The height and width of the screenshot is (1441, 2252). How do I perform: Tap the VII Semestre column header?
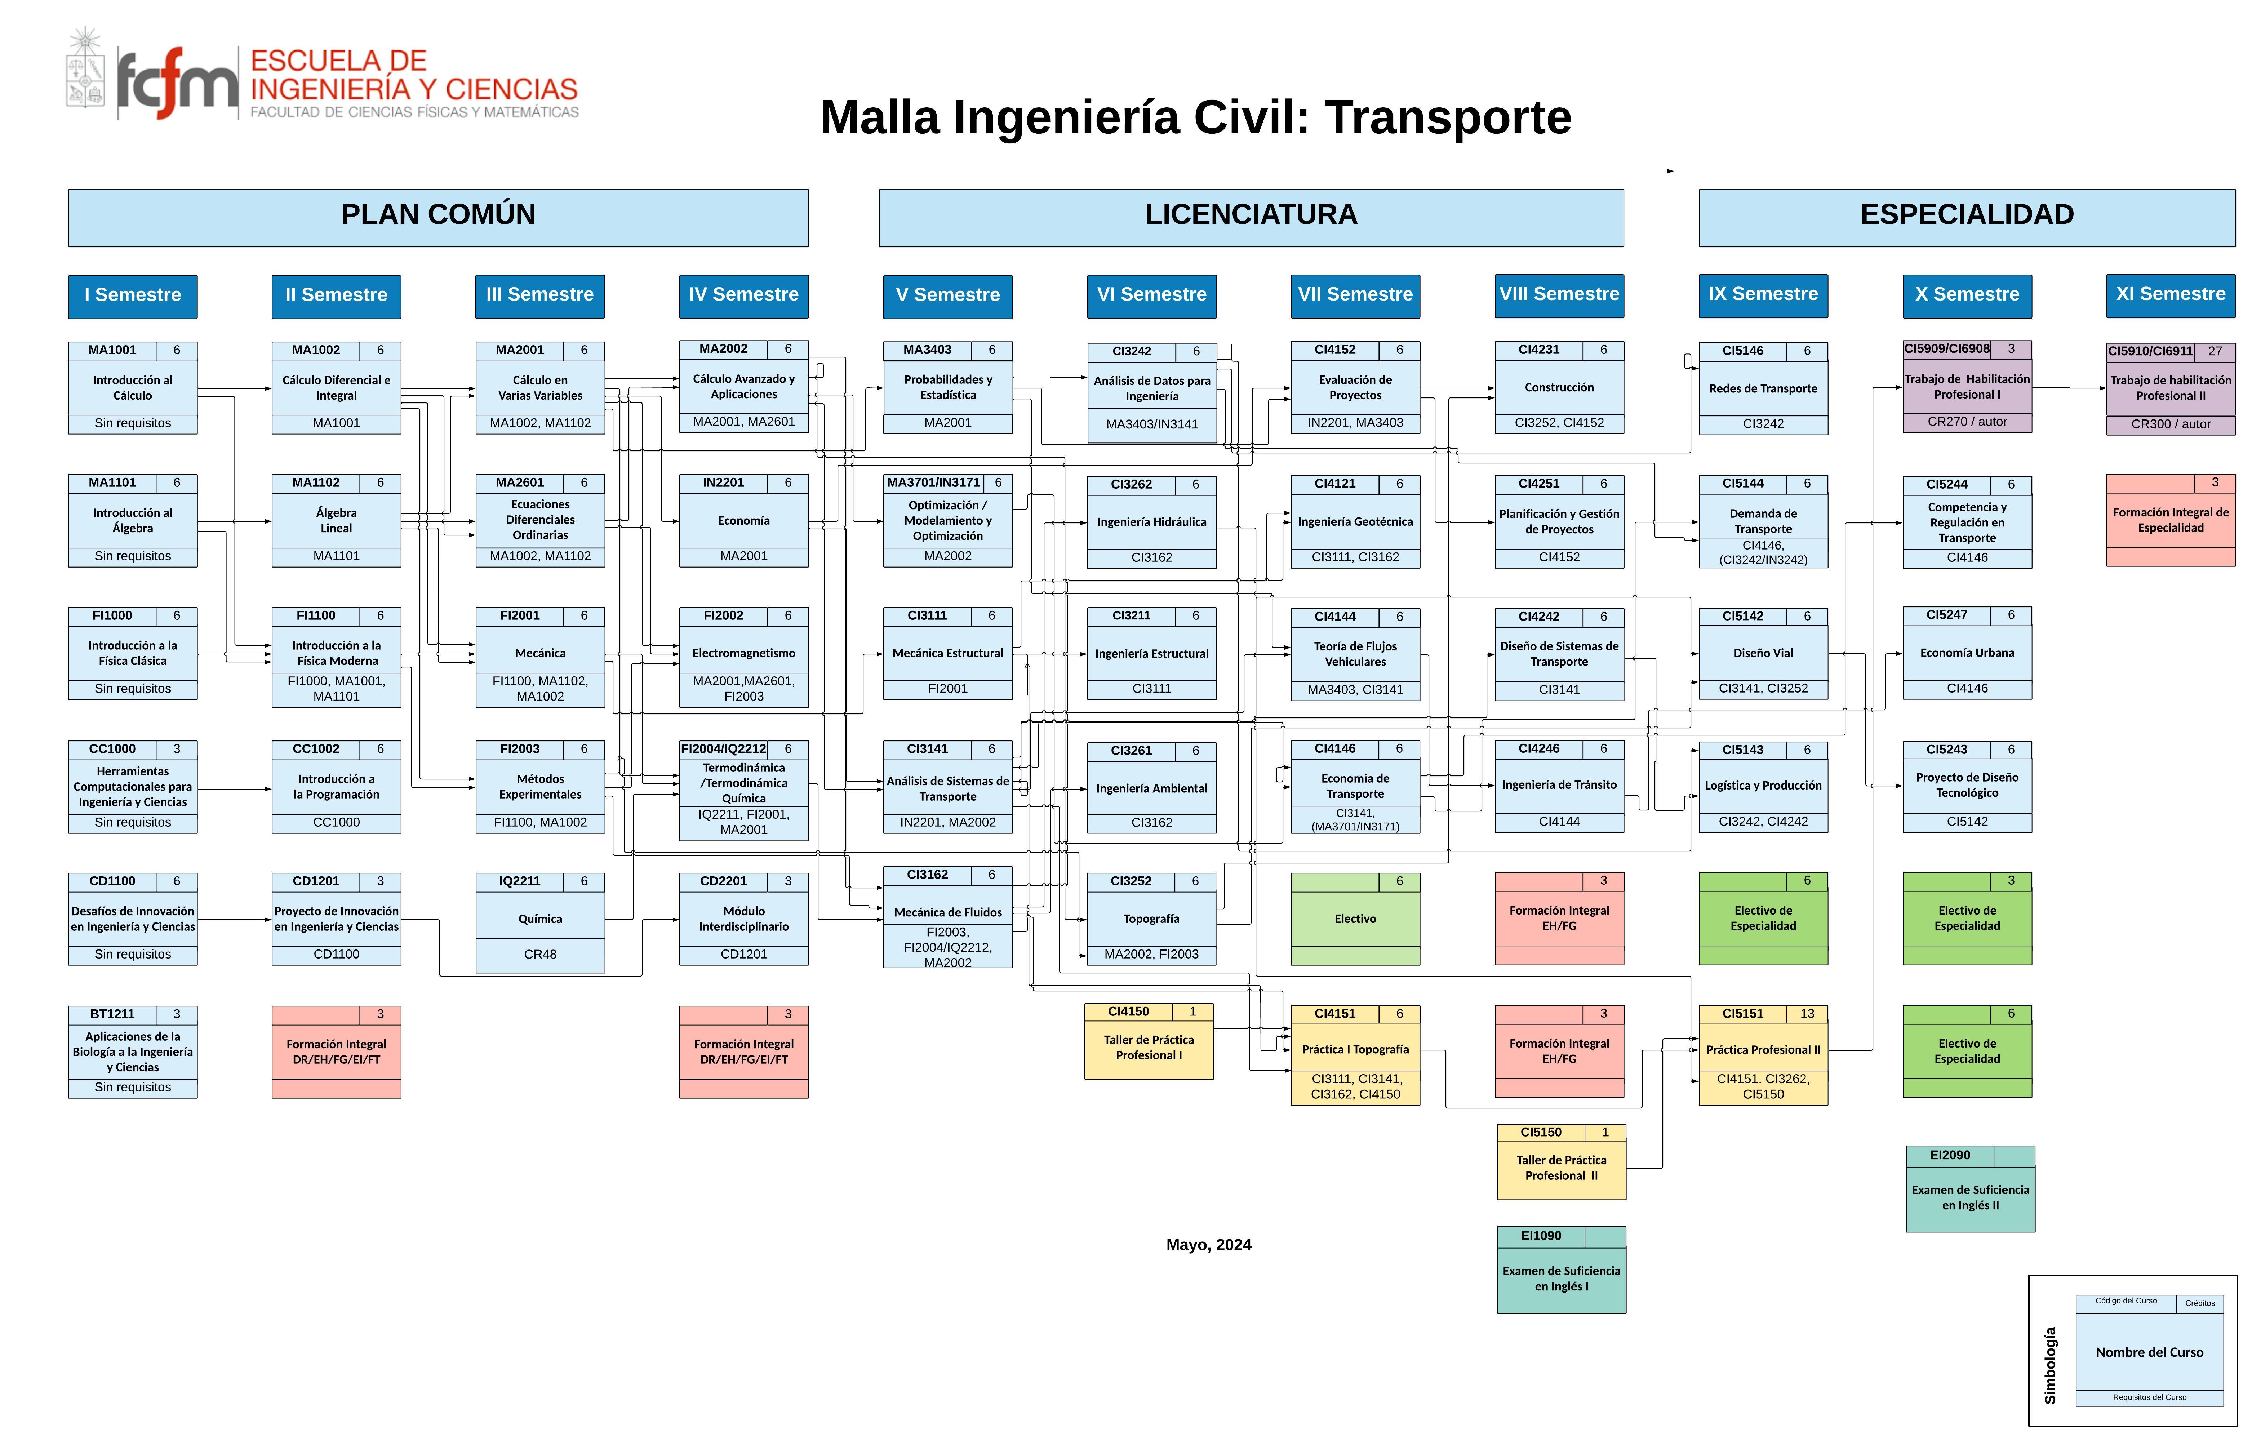pos(1355,295)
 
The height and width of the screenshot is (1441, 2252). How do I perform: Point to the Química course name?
pos(540,919)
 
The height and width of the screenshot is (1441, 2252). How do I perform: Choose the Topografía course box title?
pos(1151,919)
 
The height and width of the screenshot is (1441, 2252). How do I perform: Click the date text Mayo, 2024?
pos(1208,1245)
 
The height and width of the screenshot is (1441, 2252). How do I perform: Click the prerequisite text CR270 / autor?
pos(1967,422)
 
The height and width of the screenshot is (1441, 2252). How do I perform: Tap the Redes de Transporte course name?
pos(1763,388)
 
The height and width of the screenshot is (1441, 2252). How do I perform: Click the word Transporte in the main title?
pos(1447,118)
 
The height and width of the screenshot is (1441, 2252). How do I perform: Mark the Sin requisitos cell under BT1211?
pos(132,1087)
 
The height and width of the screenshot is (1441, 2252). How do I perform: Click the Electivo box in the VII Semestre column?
pos(1355,919)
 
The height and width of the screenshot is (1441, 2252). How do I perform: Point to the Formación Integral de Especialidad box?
pos(2170,520)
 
